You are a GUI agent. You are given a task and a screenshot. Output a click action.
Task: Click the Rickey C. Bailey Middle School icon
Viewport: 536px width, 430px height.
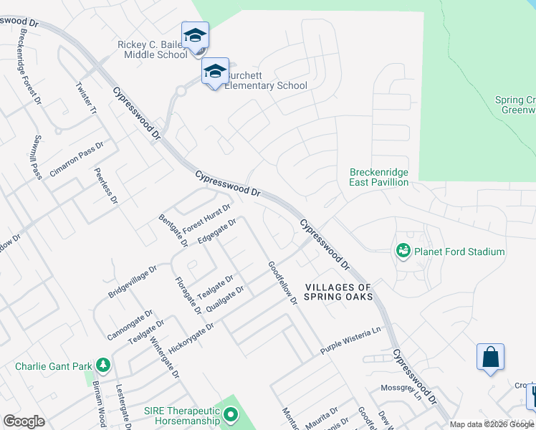click(x=195, y=34)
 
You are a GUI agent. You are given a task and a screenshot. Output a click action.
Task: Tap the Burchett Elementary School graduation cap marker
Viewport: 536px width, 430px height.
click(x=215, y=71)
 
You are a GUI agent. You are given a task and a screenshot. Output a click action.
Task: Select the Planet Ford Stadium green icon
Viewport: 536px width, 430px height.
click(x=403, y=251)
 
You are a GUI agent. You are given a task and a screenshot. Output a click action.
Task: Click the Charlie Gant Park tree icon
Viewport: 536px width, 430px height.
click(x=102, y=365)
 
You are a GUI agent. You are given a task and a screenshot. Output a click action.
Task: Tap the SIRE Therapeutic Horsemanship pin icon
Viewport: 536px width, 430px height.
click(x=230, y=414)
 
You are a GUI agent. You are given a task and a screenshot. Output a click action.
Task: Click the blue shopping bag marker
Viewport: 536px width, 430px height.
click(x=490, y=357)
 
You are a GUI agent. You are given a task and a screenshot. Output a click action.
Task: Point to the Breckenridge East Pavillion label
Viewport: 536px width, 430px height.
click(x=379, y=177)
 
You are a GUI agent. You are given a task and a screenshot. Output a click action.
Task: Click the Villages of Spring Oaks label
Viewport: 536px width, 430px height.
click(x=339, y=292)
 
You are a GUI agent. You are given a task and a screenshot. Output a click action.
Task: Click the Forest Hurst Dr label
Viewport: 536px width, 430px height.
click(x=206, y=219)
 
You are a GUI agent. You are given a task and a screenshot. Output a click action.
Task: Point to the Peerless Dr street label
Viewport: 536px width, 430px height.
click(x=105, y=186)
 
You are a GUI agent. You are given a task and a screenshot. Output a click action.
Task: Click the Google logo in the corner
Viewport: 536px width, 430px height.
click(x=24, y=421)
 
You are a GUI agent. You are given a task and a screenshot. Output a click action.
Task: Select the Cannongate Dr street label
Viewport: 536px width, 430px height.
click(x=130, y=325)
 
